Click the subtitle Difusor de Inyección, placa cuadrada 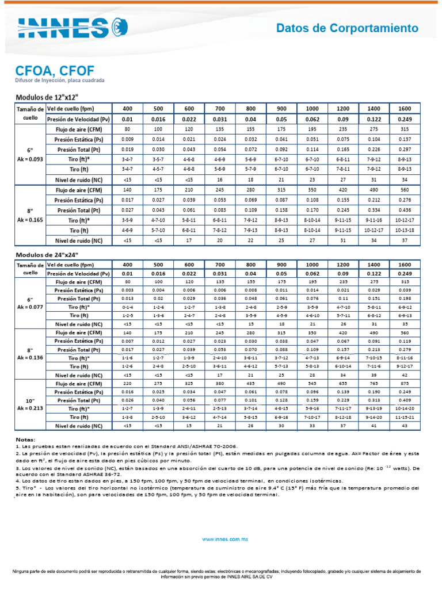click(x=59, y=81)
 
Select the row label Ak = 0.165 click(x=29, y=220)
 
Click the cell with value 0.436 click(x=405, y=210)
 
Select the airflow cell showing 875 click(x=405, y=383)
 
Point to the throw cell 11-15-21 click(x=405, y=416)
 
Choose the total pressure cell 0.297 click(x=405, y=150)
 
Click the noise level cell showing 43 click(x=405, y=426)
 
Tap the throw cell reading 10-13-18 click(x=405, y=230)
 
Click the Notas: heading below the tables click(x=25, y=439)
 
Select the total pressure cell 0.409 click(x=405, y=400)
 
